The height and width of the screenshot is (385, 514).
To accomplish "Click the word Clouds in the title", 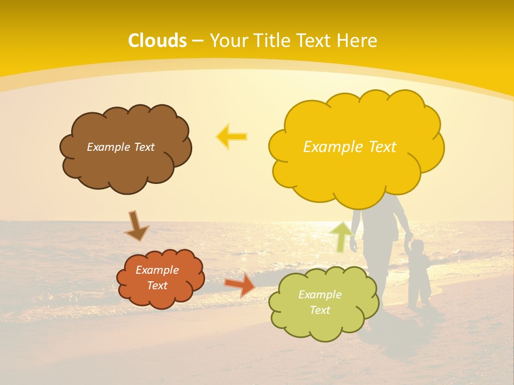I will (x=157, y=41).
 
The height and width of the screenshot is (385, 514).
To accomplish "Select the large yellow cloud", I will (x=356, y=171).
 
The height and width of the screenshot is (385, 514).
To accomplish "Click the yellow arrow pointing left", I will (x=232, y=136).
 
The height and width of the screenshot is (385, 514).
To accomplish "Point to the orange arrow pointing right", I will (x=239, y=284).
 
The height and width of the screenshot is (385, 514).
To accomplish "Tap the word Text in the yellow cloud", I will (x=381, y=147).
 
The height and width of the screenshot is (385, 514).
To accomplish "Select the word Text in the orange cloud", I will (x=157, y=286).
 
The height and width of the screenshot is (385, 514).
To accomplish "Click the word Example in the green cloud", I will (x=320, y=295).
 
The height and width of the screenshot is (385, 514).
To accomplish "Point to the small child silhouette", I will (x=419, y=275).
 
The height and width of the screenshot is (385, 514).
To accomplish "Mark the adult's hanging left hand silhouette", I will (x=353, y=246).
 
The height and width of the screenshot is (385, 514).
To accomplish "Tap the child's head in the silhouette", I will (x=417, y=247).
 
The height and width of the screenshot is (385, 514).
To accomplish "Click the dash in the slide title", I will (x=198, y=41).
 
